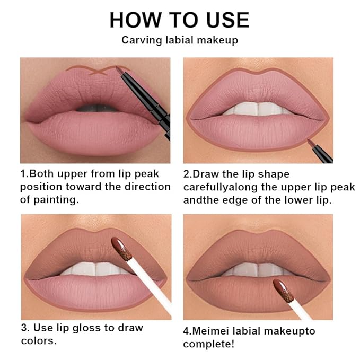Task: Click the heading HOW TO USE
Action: [179, 20]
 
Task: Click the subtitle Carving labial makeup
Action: [179, 40]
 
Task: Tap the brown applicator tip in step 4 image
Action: [283, 291]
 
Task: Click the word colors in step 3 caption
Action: [38, 341]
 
